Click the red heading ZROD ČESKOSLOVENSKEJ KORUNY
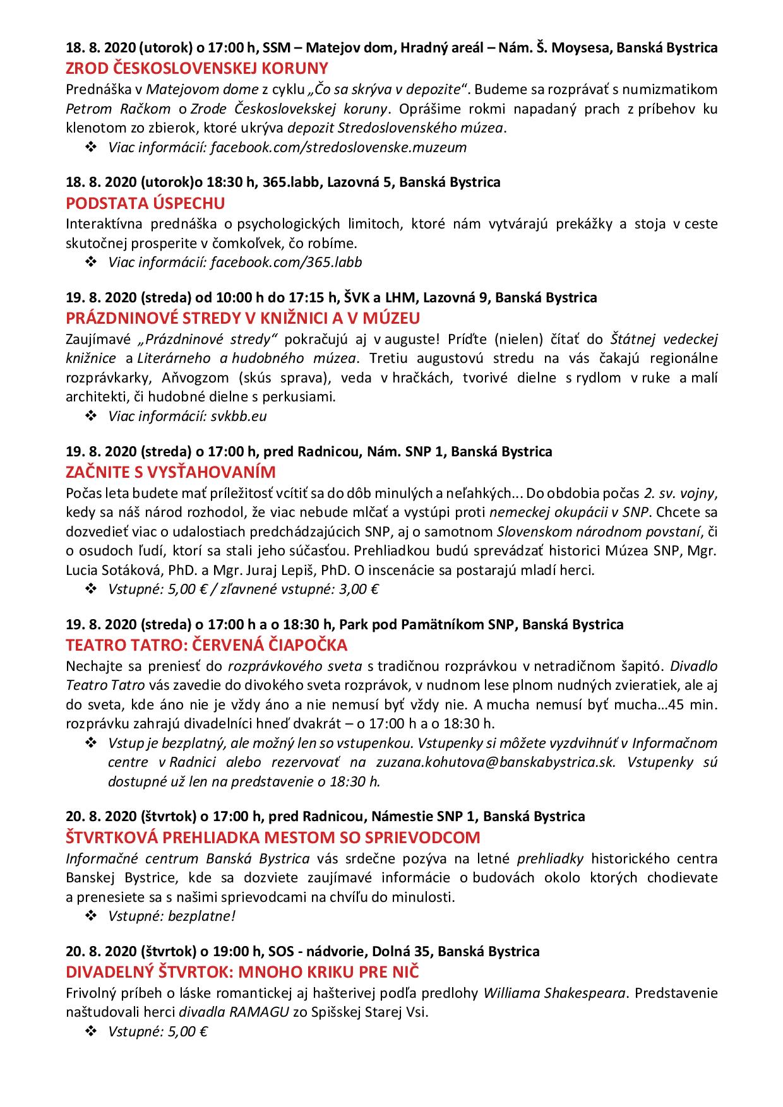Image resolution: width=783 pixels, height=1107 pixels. pos(197,68)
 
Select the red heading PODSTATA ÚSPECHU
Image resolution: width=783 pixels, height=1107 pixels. pos(145,203)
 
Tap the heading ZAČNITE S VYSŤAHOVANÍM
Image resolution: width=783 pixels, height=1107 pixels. pos(170,472)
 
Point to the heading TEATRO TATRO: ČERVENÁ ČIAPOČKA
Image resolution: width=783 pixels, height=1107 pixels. pos(206,645)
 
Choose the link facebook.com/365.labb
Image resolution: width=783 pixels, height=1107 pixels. pos(286,262)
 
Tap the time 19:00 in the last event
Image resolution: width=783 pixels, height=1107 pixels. pos(232,950)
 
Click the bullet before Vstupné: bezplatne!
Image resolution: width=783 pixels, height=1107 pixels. pos(90,915)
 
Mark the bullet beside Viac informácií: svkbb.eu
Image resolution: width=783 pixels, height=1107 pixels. pos(90,417)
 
